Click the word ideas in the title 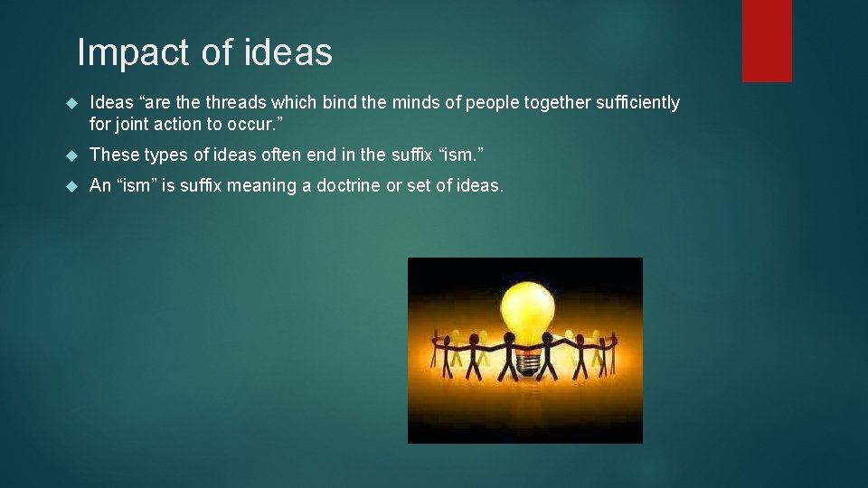pyautogui.click(x=288, y=52)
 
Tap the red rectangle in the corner pyautogui.click(x=767, y=41)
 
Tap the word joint pyautogui.click(x=132, y=124)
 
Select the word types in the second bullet pyautogui.click(x=160, y=155)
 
